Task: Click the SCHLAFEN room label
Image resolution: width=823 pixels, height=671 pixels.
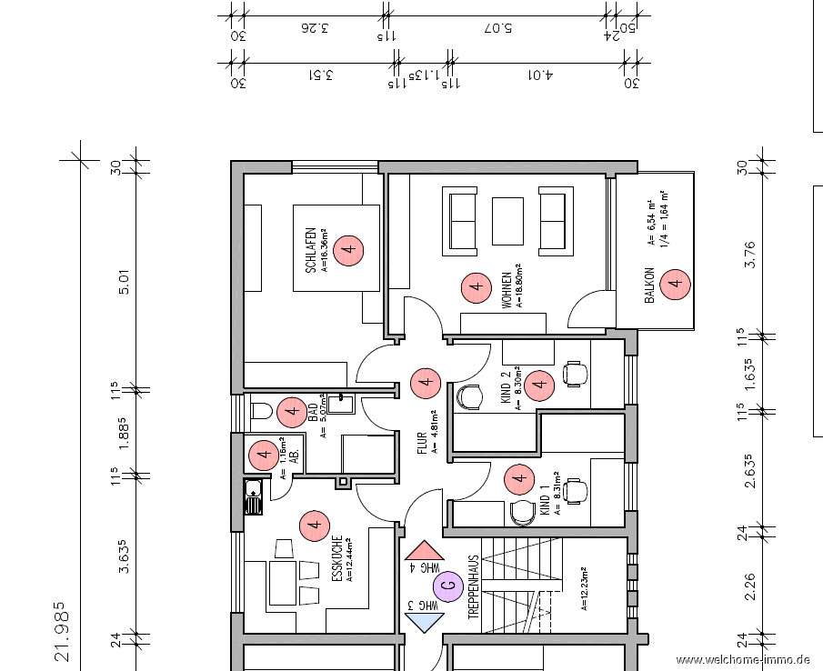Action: pyautogui.click(x=310, y=250)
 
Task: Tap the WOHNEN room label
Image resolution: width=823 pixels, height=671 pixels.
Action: pyautogui.click(x=506, y=287)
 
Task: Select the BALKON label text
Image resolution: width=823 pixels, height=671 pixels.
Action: pyautogui.click(x=649, y=285)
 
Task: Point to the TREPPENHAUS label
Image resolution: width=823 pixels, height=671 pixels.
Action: pyautogui.click(x=473, y=587)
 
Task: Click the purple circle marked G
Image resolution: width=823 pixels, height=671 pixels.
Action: pyautogui.click(x=448, y=586)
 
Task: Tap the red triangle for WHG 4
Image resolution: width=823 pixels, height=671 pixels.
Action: pyautogui.click(x=423, y=552)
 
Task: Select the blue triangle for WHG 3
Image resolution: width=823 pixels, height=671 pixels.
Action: pyautogui.click(x=422, y=619)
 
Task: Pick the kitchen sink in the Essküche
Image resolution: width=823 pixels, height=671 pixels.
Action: pyautogui.click(x=252, y=496)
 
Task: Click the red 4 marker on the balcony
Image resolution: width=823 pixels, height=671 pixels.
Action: pyautogui.click(x=674, y=284)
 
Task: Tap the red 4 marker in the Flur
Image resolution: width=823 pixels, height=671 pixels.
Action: pyautogui.click(x=423, y=384)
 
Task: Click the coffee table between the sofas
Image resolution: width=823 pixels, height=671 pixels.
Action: pyautogui.click(x=508, y=220)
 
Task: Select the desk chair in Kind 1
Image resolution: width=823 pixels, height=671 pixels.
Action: pyautogui.click(x=573, y=491)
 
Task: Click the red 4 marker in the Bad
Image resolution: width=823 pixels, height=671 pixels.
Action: pyautogui.click(x=292, y=412)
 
